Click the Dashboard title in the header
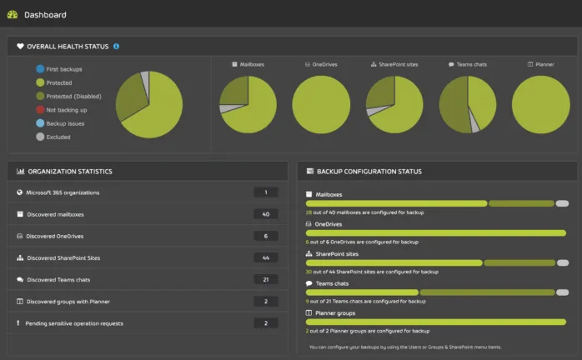[x=45, y=15]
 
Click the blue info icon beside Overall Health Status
[x=116, y=47]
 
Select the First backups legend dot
[x=40, y=69]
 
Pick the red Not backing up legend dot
[x=40, y=110]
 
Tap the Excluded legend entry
[x=58, y=137]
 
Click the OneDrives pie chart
[x=321, y=105]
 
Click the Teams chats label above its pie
[x=465, y=64]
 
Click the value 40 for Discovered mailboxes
[x=265, y=214]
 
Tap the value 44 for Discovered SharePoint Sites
[x=265, y=257]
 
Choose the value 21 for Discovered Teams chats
[x=265, y=279]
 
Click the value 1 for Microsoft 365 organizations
[x=265, y=192]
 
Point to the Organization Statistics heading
[x=70, y=172]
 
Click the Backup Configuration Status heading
[x=369, y=172]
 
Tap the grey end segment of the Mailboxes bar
[x=562, y=203]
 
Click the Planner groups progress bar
[x=437, y=321]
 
